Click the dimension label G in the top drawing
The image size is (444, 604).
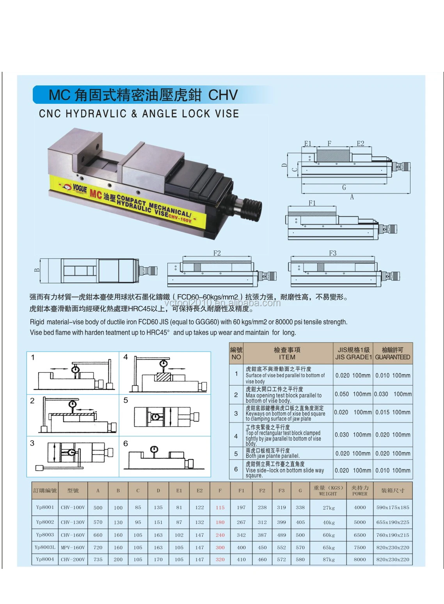click(x=344, y=188)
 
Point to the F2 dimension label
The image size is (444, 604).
click(x=217, y=253)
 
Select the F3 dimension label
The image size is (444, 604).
click(x=332, y=253)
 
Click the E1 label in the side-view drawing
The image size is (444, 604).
click(x=308, y=144)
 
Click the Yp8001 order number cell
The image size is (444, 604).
click(x=45, y=507)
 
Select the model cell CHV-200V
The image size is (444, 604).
click(x=73, y=559)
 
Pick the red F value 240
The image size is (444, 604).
click(x=220, y=535)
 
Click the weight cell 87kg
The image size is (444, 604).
click(x=329, y=559)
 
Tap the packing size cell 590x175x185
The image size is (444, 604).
click(x=392, y=507)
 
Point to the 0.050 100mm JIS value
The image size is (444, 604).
click(x=353, y=394)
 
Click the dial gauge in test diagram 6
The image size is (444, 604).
click(x=154, y=450)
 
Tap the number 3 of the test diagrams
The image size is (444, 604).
click(x=32, y=443)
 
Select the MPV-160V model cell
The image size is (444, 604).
click(x=73, y=547)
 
